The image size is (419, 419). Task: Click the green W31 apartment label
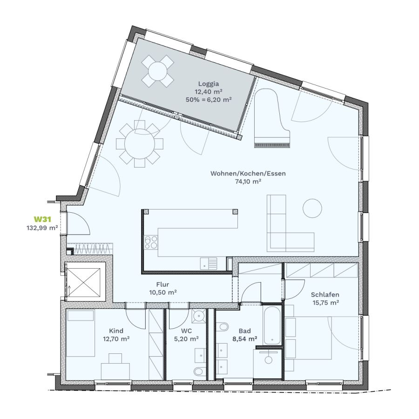point(42,219)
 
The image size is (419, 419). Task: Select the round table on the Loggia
point(158,71)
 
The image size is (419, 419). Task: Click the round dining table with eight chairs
point(140,144)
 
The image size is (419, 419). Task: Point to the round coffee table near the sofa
point(312,208)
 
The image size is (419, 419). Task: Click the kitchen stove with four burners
point(151,242)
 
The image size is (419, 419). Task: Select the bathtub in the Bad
point(272,325)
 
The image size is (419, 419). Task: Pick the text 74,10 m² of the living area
point(248,182)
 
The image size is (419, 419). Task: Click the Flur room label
point(163,284)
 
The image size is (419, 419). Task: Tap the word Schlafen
point(325,295)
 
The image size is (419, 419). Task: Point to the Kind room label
point(116,331)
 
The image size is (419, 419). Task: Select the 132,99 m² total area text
point(42,228)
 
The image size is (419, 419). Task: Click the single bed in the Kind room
point(80,333)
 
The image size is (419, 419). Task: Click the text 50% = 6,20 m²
point(209,100)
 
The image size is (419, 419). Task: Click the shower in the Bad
point(268,364)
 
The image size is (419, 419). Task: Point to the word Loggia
point(209,84)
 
